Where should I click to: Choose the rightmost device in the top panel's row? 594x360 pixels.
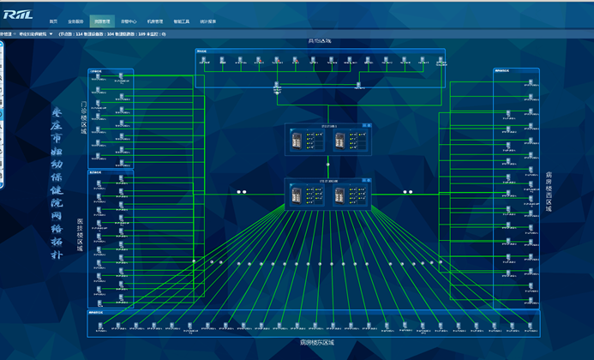[x=441, y=62]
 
